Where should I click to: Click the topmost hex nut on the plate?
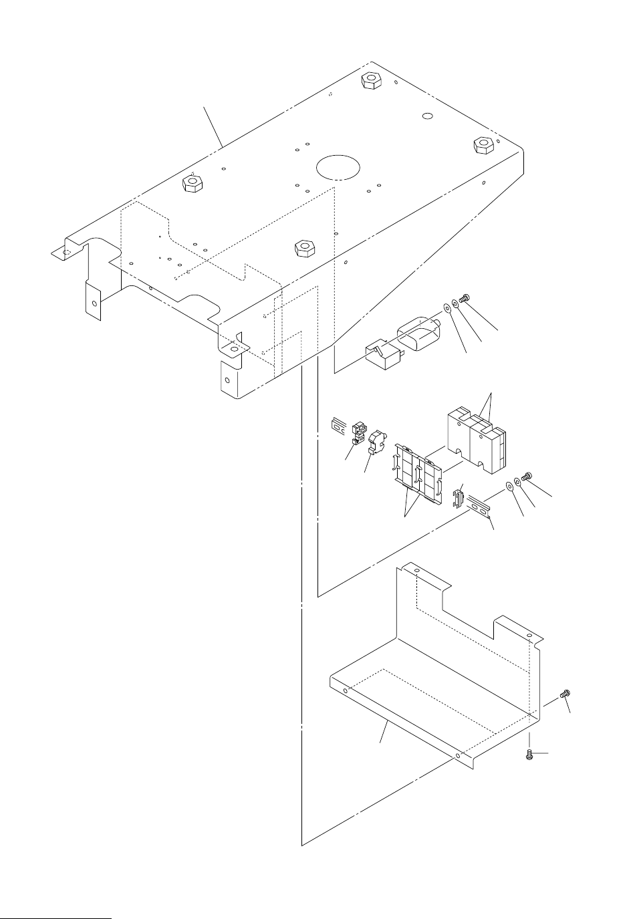(368, 81)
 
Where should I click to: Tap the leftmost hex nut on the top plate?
(193, 184)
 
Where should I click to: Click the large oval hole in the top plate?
(338, 166)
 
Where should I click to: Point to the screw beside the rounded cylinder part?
(466, 304)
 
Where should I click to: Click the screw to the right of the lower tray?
(565, 695)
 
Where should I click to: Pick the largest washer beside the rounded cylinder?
(445, 309)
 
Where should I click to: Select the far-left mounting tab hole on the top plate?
(64, 253)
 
